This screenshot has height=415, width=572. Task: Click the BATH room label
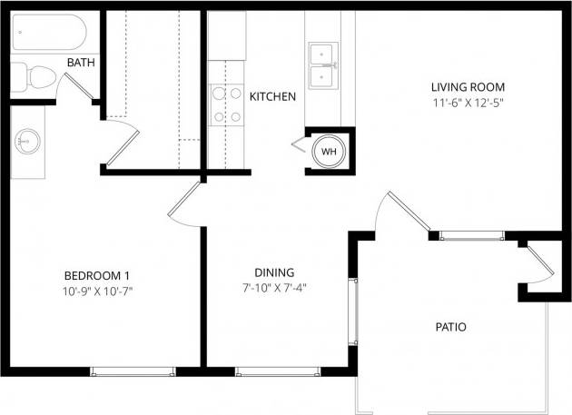click(81, 63)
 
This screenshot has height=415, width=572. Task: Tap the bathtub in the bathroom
click(49, 36)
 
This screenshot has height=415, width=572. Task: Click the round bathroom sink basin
click(26, 141)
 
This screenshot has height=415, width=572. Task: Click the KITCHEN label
click(272, 96)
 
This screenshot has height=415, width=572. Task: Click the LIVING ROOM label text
click(467, 87)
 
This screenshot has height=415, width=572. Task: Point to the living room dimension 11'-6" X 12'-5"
click(467, 103)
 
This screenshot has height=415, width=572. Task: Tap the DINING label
click(273, 272)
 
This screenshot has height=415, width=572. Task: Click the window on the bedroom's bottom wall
click(133, 371)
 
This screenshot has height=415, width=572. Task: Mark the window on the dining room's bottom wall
click(277, 371)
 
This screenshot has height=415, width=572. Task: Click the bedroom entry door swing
click(184, 203)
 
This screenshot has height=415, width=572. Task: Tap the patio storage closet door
click(539, 262)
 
